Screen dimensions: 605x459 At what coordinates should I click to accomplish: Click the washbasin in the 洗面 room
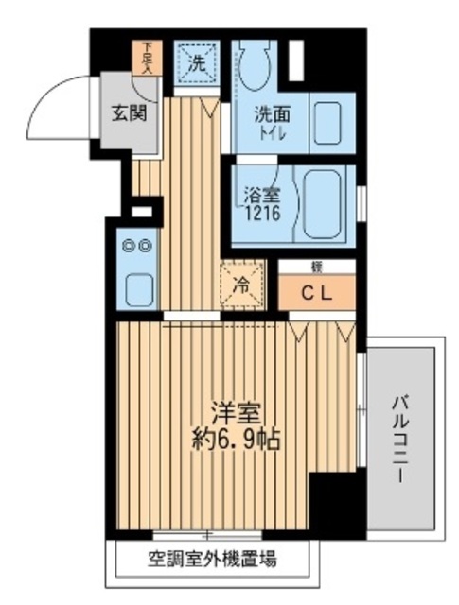[x=327, y=122]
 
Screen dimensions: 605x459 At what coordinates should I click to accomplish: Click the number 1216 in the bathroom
[x=259, y=215]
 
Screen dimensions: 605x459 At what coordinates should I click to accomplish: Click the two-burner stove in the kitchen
[x=138, y=245]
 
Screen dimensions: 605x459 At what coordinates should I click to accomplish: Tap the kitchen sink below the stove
[x=139, y=287]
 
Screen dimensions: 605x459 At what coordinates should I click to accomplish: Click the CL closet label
[x=317, y=292]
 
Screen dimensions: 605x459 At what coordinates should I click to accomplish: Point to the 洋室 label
[x=236, y=415]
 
